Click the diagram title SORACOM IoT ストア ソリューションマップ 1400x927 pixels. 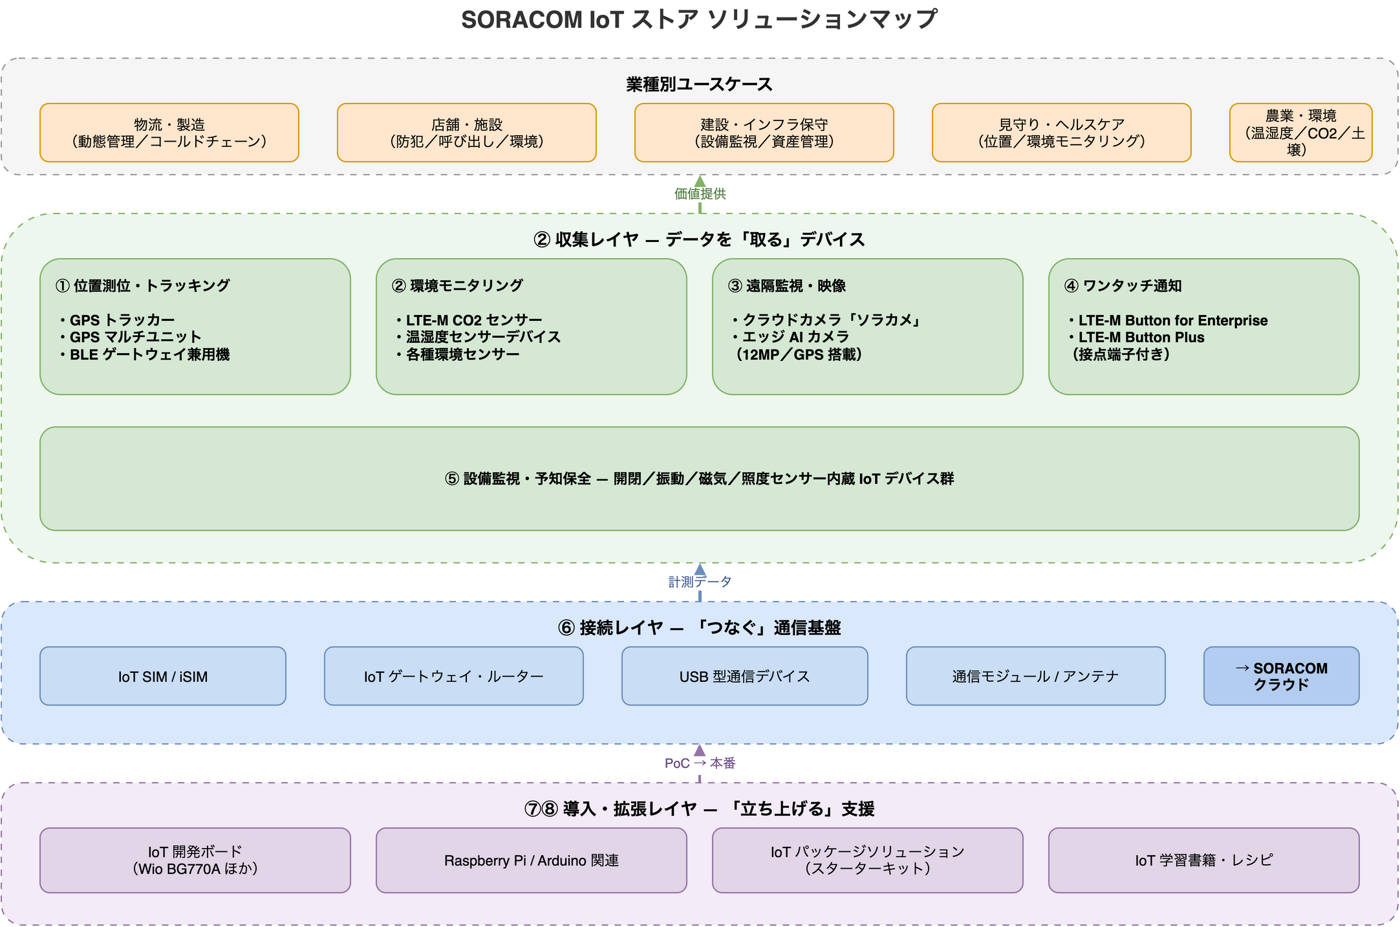(x=699, y=19)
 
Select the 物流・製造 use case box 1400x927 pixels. (x=169, y=133)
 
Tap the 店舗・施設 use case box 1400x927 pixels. (x=467, y=133)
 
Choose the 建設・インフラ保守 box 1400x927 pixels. (x=764, y=133)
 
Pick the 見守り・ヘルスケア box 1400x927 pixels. (x=1062, y=133)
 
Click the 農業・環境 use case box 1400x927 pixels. (x=1301, y=133)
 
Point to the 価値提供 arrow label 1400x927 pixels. (x=700, y=193)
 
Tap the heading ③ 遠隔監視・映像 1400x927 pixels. (x=787, y=286)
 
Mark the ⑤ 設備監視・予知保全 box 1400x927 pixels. (x=700, y=479)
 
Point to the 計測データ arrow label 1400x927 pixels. (x=700, y=582)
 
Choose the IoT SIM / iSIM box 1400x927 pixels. (x=163, y=676)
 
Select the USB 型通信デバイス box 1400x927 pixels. (x=745, y=676)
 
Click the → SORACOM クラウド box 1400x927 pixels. (x=1282, y=676)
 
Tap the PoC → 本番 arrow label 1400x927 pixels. (x=700, y=763)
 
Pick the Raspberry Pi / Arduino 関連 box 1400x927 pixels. (x=532, y=860)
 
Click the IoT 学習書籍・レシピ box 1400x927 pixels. (x=1204, y=860)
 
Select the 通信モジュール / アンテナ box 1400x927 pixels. (x=1036, y=676)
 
